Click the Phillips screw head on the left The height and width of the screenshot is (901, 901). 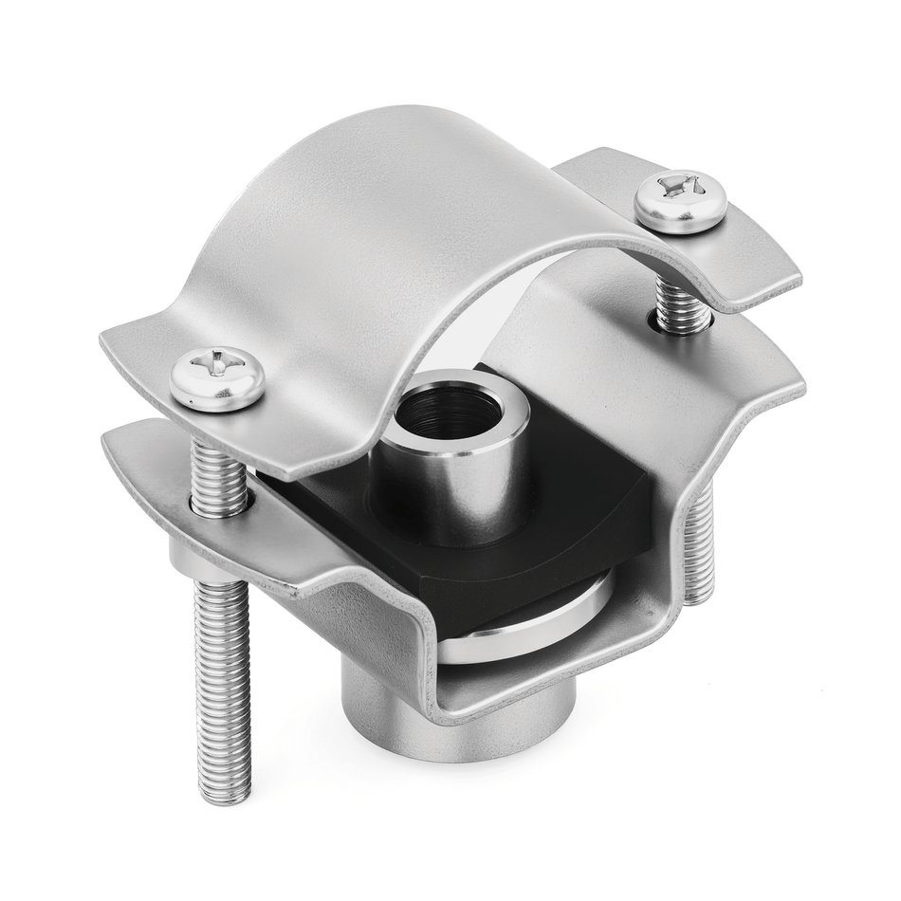217,378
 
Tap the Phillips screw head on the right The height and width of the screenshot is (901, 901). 680,200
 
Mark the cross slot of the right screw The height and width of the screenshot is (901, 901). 681,186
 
